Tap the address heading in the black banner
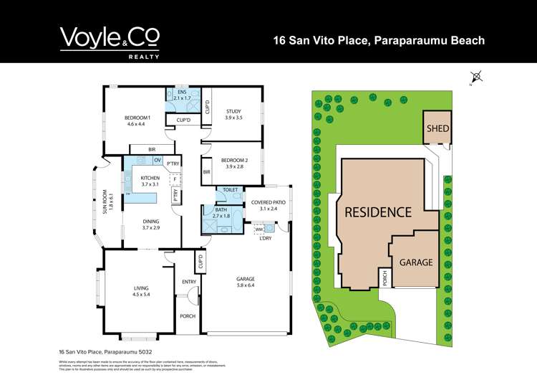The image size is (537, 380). tap(379, 40)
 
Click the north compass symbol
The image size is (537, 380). tap(478, 77)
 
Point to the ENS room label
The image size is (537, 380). tap(182, 95)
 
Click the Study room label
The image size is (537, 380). tap(233, 114)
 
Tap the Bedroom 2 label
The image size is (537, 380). tap(233, 163)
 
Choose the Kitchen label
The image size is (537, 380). tap(150, 181)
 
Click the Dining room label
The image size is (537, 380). tap(150, 224)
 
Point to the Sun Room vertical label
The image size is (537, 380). tap(105, 201)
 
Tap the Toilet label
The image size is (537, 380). tap(230, 190)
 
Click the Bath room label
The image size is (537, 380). tap(222, 213)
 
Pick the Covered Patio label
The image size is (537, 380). tap(268, 206)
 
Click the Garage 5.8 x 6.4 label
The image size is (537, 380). tap(246, 282)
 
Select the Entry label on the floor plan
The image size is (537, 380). tap(189, 282)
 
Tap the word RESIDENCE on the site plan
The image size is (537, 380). tap(378, 212)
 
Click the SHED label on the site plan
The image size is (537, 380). tap(437, 129)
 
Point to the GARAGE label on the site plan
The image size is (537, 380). tap(416, 262)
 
